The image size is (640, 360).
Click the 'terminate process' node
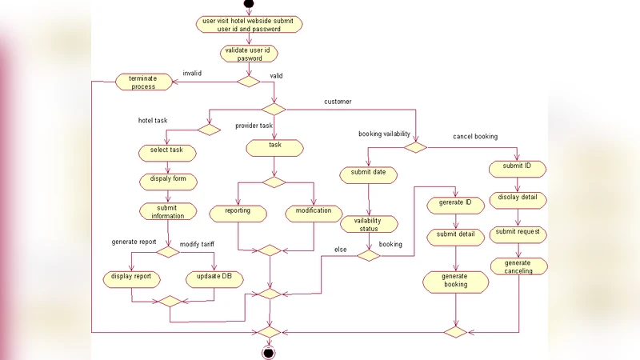tap(143, 82)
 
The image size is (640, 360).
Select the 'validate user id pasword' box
tap(249, 54)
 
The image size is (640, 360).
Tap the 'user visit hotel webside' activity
tap(249, 24)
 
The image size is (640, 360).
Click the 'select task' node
tap(166, 150)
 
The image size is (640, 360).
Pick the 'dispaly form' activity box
tap(167, 179)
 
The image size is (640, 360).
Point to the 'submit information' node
tap(167, 211)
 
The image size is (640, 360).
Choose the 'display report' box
tap(132, 278)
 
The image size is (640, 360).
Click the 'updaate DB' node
tap(214, 278)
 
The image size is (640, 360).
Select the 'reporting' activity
tap(237, 211)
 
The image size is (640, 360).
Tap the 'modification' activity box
tap(313, 211)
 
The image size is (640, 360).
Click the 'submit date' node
tap(368, 172)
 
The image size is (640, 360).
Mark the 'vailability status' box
tap(368, 224)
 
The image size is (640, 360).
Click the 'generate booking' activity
tap(455, 281)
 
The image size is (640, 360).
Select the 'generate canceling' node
tap(518, 266)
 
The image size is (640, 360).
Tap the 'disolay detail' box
tap(518, 198)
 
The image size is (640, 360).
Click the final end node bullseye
tap(269, 353)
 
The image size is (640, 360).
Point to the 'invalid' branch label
tap(193, 73)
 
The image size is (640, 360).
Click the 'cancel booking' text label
tap(475, 137)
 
